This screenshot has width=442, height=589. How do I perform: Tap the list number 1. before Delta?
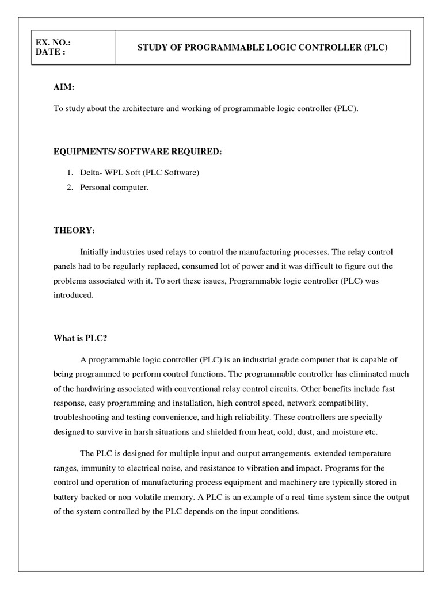click(x=69, y=173)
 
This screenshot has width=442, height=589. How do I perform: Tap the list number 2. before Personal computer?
click(x=69, y=187)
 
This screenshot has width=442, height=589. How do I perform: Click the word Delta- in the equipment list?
click(x=92, y=173)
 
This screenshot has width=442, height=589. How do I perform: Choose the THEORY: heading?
click(x=74, y=230)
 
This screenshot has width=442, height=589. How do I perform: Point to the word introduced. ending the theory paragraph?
click(x=73, y=295)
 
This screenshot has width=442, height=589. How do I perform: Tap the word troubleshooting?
click(x=81, y=417)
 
